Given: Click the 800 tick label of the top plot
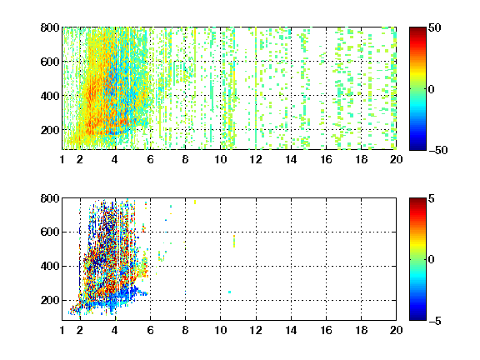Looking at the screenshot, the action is pyautogui.click(x=50, y=27).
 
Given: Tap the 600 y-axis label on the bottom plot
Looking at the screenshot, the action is pyautogui.click(x=50, y=232).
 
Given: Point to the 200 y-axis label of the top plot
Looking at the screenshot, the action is pyautogui.click(x=50, y=130).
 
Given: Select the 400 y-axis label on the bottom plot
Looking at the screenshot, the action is pyautogui.click(x=50, y=266).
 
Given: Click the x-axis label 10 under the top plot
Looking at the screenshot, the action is pyautogui.click(x=220, y=159).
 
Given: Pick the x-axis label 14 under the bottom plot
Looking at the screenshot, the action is pyautogui.click(x=291, y=330).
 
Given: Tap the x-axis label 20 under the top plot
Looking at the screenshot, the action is pyautogui.click(x=396, y=159).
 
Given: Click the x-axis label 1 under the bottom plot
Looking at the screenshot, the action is pyautogui.click(x=62, y=330).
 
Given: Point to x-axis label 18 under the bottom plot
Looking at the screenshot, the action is pyautogui.click(x=361, y=330).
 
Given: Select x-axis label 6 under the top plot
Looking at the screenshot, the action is pyautogui.click(x=150, y=159).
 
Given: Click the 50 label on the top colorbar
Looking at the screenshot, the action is pyautogui.click(x=434, y=27).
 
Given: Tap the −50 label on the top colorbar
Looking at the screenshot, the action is pyautogui.click(x=437, y=150).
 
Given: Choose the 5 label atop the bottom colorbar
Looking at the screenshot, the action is pyautogui.click(x=432, y=198).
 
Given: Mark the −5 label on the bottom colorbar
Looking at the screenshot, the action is pyautogui.click(x=435, y=321).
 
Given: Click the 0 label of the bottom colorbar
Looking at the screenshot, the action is pyautogui.click(x=432, y=260).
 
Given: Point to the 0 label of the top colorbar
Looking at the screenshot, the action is pyautogui.click(x=432, y=89).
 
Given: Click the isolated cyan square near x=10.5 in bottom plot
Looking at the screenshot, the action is pyautogui.click(x=230, y=292).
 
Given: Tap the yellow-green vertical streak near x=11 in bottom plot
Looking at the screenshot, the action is pyautogui.click(x=234, y=241).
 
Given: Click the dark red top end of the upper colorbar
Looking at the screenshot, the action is pyautogui.click(x=417, y=30).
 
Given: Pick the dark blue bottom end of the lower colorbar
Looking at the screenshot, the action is pyautogui.click(x=417, y=317).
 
